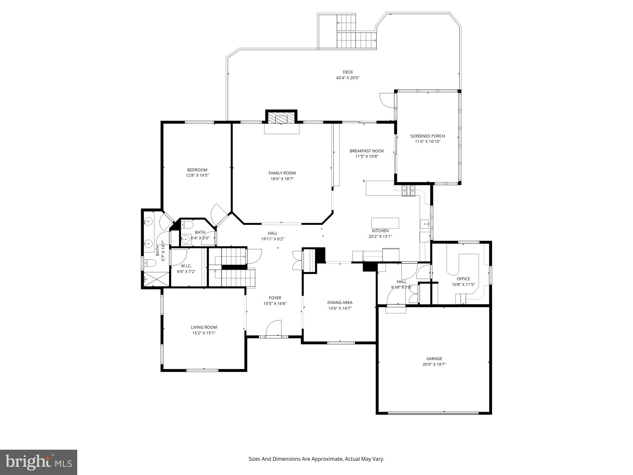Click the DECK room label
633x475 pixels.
pos(348,72)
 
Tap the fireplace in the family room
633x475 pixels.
pos(281,119)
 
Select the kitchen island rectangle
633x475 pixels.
pos(385,223)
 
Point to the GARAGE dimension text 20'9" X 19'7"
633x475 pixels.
pos(434,364)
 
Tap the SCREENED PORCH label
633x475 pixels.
pos(428,136)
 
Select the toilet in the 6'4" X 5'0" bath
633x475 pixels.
pos(188,225)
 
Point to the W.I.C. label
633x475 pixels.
pos(186,266)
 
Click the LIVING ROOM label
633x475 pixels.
pos(204,327)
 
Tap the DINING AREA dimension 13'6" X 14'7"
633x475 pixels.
pos(340,308)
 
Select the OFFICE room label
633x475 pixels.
pos(463,279)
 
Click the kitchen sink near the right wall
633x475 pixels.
pos(424,224)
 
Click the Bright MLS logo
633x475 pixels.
pos(39,462)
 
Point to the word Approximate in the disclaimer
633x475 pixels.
pos(327,459)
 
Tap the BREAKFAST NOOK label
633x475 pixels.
pos(367,151)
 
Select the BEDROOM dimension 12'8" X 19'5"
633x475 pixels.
pos(197,175)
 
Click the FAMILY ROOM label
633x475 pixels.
pos(282,173)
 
